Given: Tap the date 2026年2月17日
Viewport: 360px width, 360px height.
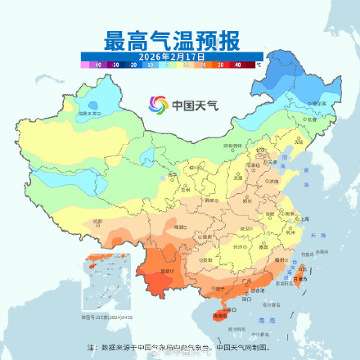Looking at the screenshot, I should tap(171, 55).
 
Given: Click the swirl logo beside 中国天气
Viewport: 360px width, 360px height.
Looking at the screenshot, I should tap(157, 104).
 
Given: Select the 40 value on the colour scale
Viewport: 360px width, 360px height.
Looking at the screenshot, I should tap(237, 63).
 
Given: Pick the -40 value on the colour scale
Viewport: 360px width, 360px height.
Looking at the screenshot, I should tap(97, 63).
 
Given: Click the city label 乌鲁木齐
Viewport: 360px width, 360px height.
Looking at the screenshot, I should tap(89, 113).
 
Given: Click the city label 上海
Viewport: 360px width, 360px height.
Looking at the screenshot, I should tap(304, 218).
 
